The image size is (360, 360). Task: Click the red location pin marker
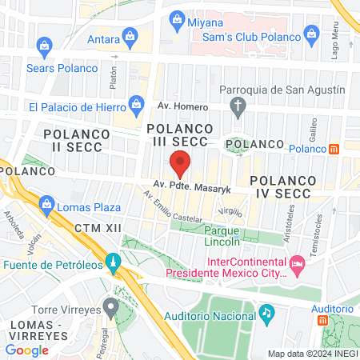[180, 163]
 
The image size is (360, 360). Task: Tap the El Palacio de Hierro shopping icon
[137, 103]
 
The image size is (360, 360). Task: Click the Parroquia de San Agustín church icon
[238, 106]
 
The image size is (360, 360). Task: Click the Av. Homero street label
[182, 106]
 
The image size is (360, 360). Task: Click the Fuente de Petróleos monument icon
[114, 264]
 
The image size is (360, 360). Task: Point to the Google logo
[27, 350]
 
